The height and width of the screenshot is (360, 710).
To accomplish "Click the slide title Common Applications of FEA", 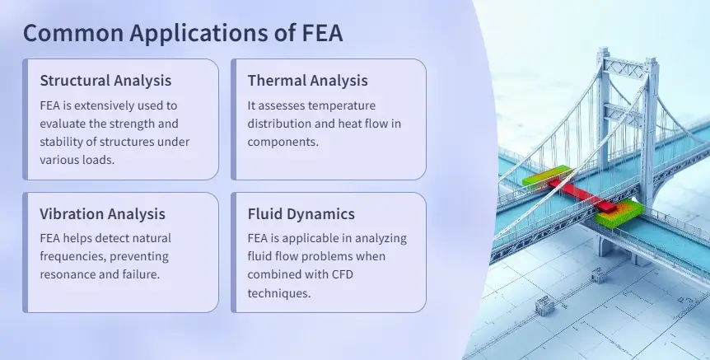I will pos(182,33).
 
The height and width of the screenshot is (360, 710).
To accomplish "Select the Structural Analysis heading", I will pos(105,81).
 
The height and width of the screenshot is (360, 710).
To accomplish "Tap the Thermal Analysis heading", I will pos(307,81).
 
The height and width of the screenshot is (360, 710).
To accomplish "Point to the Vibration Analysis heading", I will pos(102,214).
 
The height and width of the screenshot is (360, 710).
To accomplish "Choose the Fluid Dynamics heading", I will pos(301,214).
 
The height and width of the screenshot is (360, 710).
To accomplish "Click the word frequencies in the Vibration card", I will pos(77,256).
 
